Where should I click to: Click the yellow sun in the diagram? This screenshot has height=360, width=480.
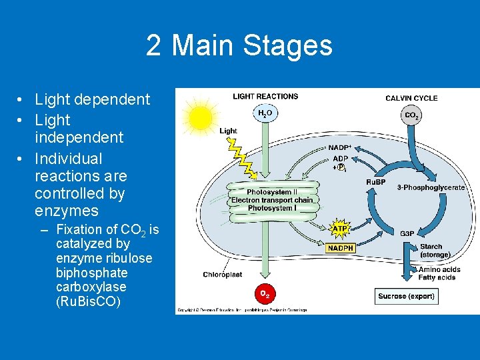199,118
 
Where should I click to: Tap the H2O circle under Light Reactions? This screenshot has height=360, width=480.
265,114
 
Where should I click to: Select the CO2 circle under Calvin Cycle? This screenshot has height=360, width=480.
411,115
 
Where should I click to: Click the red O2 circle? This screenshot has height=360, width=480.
265,293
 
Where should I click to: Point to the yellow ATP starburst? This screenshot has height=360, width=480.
340,229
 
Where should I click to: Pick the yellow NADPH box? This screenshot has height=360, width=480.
340,248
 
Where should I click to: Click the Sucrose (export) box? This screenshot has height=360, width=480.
406,296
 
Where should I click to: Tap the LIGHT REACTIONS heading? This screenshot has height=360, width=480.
265,97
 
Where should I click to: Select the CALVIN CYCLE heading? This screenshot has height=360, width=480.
411,98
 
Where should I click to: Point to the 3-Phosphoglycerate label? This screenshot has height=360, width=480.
431,187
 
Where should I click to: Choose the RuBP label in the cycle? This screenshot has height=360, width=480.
375,182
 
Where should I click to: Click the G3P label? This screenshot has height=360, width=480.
407,233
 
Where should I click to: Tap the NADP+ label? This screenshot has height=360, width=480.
339,147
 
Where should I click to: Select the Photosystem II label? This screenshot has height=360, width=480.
271,192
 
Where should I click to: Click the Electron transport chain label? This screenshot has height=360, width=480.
271,200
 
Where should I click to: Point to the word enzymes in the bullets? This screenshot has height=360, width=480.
67,211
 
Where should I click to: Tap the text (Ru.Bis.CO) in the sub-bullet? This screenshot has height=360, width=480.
88,301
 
